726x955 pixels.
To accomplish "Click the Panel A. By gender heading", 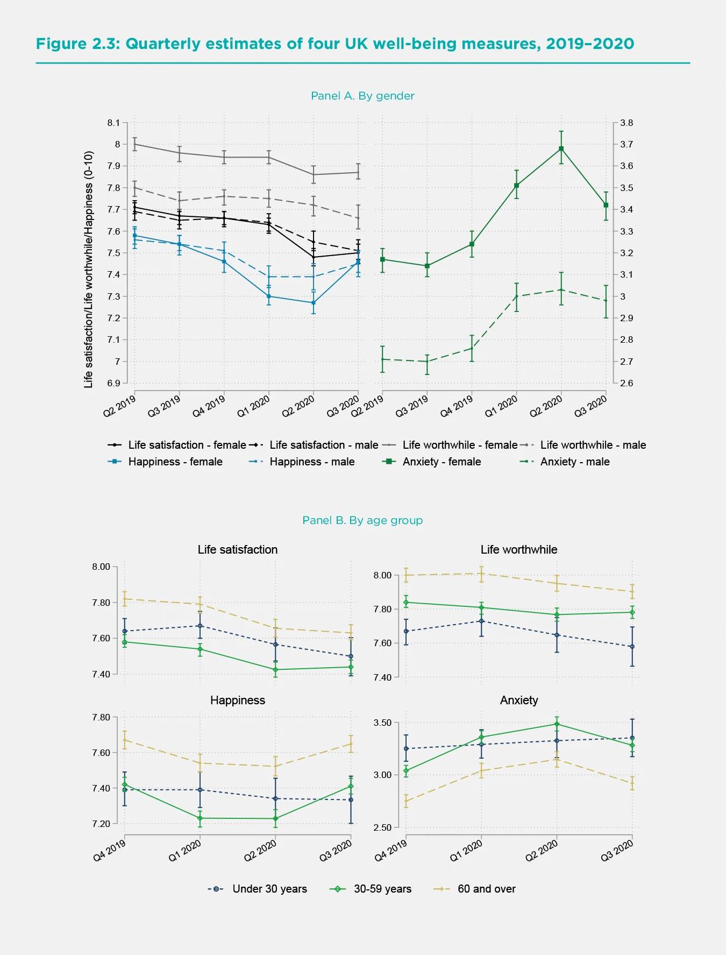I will point(362,96).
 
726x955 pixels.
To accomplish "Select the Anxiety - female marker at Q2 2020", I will point(561,148).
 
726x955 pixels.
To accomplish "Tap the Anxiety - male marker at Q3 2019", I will point(427,362).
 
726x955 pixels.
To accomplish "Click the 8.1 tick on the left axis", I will point(113,123).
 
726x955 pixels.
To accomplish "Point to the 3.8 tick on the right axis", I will point(626,123).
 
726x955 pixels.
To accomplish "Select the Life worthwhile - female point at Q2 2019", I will point(134,144).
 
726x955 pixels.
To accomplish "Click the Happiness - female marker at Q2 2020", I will point(314,303).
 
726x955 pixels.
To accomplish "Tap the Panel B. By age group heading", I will point(362,520).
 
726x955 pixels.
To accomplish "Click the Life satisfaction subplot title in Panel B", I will point(237,549).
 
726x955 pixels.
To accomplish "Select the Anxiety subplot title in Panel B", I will point(518,700).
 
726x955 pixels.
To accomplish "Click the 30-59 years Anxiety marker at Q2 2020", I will point(557,724).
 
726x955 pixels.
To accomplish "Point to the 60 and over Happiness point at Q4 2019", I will point(125,740).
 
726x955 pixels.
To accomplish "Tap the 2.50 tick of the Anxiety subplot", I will point(382,827).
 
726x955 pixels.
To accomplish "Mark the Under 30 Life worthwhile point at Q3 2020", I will point(632,647).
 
